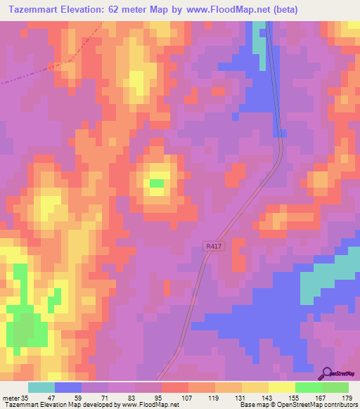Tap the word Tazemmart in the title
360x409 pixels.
pyautogui.click(x=36, y=10)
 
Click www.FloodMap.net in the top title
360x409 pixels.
pyautogui.click(x=215, y=10)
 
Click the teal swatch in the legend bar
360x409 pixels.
pyautogui.click(x=41, y=387)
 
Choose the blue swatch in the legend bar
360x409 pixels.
pyautogui.click(x=68, y=387)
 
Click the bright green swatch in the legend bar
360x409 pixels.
pyautogui.click(x=309, y=387)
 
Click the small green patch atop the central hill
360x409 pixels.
pyautogui.click(x=156, y=184)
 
